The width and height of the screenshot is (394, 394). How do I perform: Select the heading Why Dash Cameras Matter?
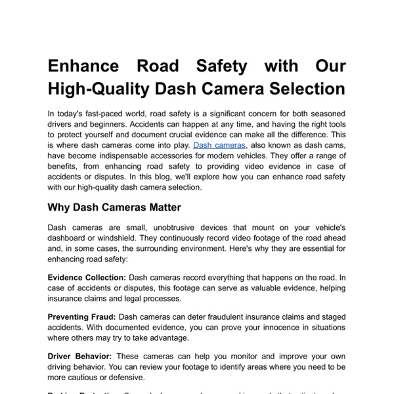point(114,208)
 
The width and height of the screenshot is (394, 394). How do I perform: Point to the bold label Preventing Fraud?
point(82,317)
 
